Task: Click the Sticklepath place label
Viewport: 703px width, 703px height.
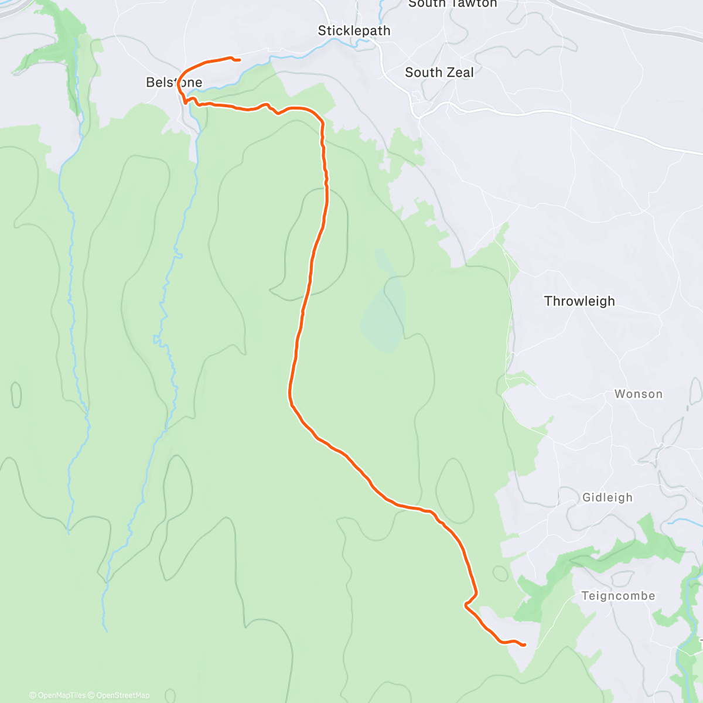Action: pyautogui.click(x=354, y=31)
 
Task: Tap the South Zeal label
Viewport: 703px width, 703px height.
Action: pyautogui.click(x=439, y=73)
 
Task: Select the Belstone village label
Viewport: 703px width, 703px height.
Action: pyautogui.click(x=173, y=83)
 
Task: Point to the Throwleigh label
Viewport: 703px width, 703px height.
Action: pyautogui.click(x=579, y=301)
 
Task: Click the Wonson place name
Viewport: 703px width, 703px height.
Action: pyautogui.click(x=639, y=394)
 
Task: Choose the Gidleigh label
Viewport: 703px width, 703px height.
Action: pyautogui.click(x=608, y=498)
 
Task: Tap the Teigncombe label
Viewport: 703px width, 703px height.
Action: pyautogui.click(x=618, y=596)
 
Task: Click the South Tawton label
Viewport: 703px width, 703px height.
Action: pyautogui.click(x=452, y=4)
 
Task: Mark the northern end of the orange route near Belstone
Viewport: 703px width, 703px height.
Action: pyautogui.click(x=239, y=60)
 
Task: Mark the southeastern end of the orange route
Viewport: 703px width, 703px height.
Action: pyautogui.click(x=524, y=645)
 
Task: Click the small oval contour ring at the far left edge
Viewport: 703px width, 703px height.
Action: pyautogui.click(x=16, y=394)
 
